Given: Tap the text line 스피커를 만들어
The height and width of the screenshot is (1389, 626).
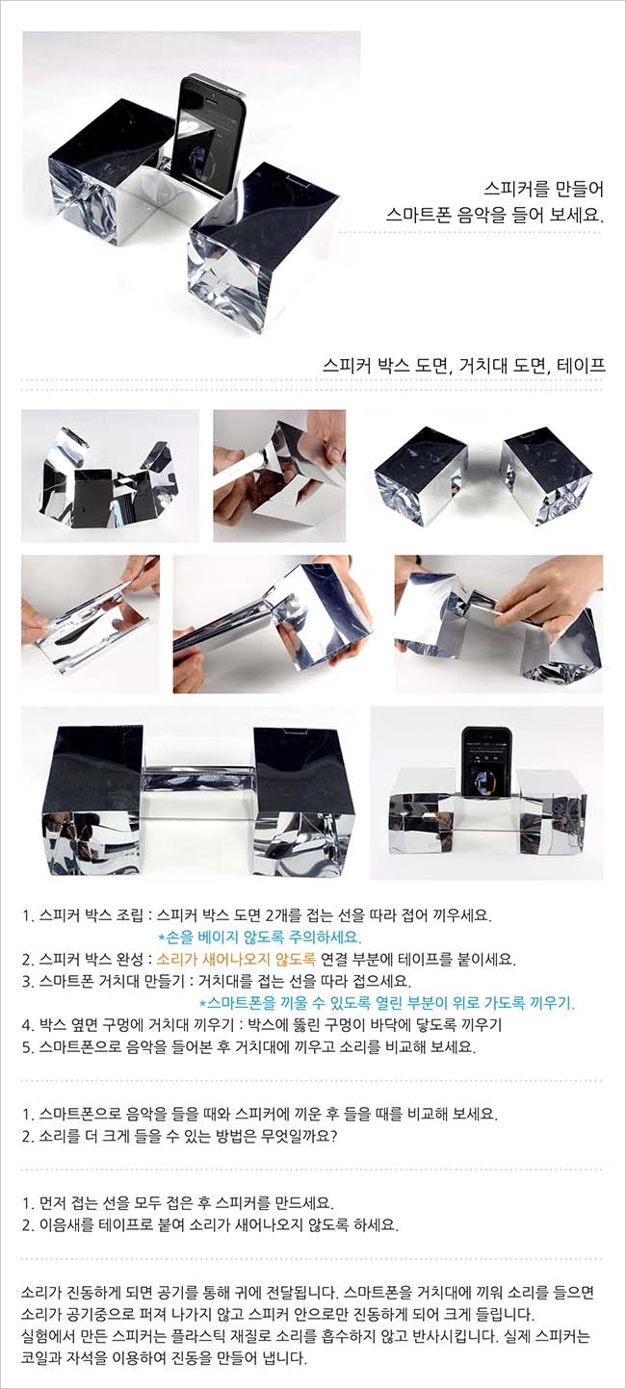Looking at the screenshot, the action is pyautogui.click(x=543, y=189).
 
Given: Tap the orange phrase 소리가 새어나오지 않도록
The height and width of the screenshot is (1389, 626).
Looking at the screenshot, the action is pyautogui.click(x=236, y=960).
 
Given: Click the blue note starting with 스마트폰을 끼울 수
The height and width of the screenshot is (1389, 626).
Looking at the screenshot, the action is pyautogui.click(x=387, y=1003).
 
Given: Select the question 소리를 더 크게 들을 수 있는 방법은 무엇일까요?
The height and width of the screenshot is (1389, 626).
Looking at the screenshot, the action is pyautogui.click(x=180, y=1137).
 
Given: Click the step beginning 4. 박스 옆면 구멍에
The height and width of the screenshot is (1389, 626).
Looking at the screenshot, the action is pyautogui.click(x=262, y=1025).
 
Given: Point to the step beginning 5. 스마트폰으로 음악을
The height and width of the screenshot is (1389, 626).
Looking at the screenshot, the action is pyautogui.click(x=249, y=1047).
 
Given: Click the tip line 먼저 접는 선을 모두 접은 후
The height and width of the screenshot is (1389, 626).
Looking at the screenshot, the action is pyautogui.click(x=178, y=1203).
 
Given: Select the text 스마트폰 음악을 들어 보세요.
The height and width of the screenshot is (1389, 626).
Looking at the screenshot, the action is pyautogui.click(x=494, y=216).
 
